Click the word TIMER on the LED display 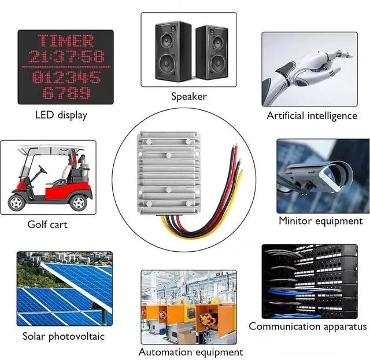tap(65, 41)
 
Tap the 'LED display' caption tap(61, 115)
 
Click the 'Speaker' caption tap(188, 96)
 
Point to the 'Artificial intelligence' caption tap(312, 116)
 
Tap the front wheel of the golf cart tap(78, 202)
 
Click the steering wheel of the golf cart tap(42, 170)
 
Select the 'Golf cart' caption tap(47, 224)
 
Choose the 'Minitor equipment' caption tap(320, 221)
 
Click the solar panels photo tap(65, 288)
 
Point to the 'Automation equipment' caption tap(190, 351)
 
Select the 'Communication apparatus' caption tap(308, 326)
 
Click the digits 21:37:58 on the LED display tap(65, 57)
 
